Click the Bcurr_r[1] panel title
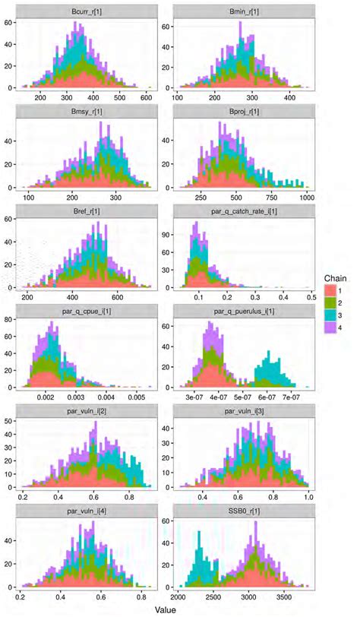[x=90, y=9]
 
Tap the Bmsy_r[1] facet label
[x=90, y=110]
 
